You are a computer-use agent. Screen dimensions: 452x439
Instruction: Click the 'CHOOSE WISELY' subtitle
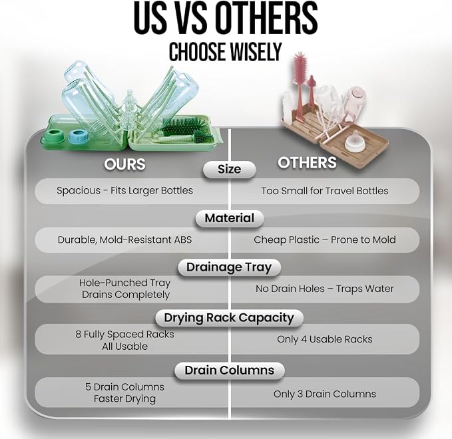[x=225, y=52]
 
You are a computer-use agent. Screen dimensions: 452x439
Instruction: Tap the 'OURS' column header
[x=124, y=164]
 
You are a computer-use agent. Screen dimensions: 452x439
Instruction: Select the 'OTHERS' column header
[x=307, y=162]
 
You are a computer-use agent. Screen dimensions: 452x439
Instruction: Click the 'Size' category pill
[x=230, y=170]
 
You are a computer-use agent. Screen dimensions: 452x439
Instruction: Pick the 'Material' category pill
[x=230, y=218]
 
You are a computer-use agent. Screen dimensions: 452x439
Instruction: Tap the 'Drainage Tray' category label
[x=229, y=267]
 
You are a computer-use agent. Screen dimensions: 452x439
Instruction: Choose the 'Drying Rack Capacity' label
[x=229, y=318]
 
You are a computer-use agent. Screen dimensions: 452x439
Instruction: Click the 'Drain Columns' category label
[x=230, y=370]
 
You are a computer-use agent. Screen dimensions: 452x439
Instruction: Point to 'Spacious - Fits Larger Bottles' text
[x=125, y=191]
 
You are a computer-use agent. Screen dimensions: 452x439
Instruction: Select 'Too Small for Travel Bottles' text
[x=325, y=191]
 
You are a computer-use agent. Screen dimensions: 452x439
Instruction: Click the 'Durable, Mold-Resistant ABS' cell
[x=125, y=240]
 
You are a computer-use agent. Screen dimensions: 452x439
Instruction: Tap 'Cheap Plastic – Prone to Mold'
[x=325, y=240]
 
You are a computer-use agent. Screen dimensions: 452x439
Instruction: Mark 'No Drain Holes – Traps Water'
[x=325, y=289]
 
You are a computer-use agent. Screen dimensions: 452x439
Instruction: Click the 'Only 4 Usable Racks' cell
[x=325, y=339]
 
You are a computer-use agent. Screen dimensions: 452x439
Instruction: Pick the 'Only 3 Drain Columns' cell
[x=325, y=394]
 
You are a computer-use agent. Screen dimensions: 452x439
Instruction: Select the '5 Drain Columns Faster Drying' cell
[x=125, y=392]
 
